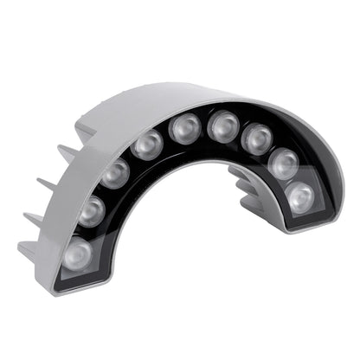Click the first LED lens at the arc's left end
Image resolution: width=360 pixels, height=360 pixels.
click(77, 254)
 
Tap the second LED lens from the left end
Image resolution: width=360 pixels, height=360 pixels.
click(91, 210)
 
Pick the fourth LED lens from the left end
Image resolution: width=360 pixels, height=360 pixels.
click(147, 144)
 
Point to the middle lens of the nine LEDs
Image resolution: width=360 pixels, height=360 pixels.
click(184, 130)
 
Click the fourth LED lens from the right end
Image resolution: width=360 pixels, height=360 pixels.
click(222, 127)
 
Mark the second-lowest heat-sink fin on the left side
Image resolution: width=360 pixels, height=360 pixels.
click(33, 217)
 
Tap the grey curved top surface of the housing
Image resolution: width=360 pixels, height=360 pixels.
click(173, 100)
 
